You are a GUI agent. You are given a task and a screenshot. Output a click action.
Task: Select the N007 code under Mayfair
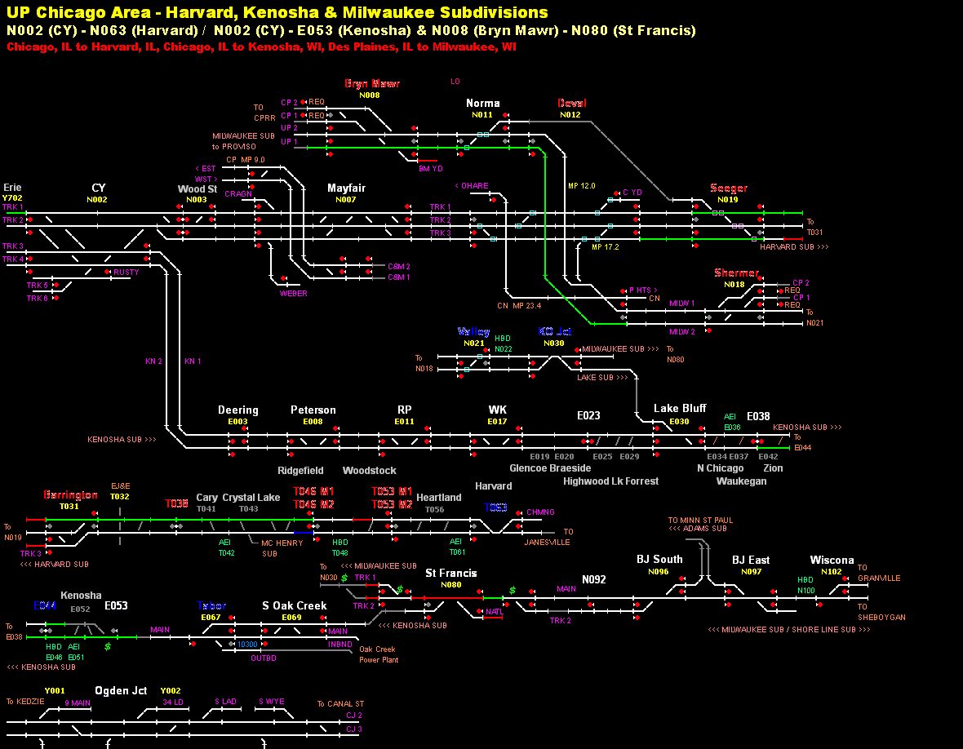[346, 200]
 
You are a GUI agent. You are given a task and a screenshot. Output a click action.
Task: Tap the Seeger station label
[728, 188]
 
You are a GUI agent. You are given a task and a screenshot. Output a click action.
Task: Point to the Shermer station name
[735, 273]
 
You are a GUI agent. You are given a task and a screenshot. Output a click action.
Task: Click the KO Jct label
[555, 332]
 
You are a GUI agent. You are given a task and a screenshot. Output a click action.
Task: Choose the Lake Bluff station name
[680, 409]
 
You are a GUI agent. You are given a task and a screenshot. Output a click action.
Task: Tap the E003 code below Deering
[237, 422]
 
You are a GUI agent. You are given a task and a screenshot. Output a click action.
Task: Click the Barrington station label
[70, 495]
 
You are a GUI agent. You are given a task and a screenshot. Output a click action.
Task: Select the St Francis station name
[450, 574]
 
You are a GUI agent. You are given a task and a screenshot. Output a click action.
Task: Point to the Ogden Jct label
[121, 691]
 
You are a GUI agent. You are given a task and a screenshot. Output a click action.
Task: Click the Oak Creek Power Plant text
[379, 654]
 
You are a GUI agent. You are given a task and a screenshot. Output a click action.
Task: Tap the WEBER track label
[294, 294]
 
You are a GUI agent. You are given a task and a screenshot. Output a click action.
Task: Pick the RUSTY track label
[126, 273]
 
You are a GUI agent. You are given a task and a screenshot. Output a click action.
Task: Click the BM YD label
[430, 169]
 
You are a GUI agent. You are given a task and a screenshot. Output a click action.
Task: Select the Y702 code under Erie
[12, 198]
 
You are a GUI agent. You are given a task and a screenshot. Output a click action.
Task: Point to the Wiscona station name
[832, 561]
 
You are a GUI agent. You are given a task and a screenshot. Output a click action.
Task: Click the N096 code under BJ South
[659, 572]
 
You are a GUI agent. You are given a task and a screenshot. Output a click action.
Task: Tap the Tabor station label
[211, 606]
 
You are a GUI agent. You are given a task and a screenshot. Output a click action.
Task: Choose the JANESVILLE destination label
[547, 543]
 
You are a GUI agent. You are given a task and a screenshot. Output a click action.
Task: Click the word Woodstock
[369, 471]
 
